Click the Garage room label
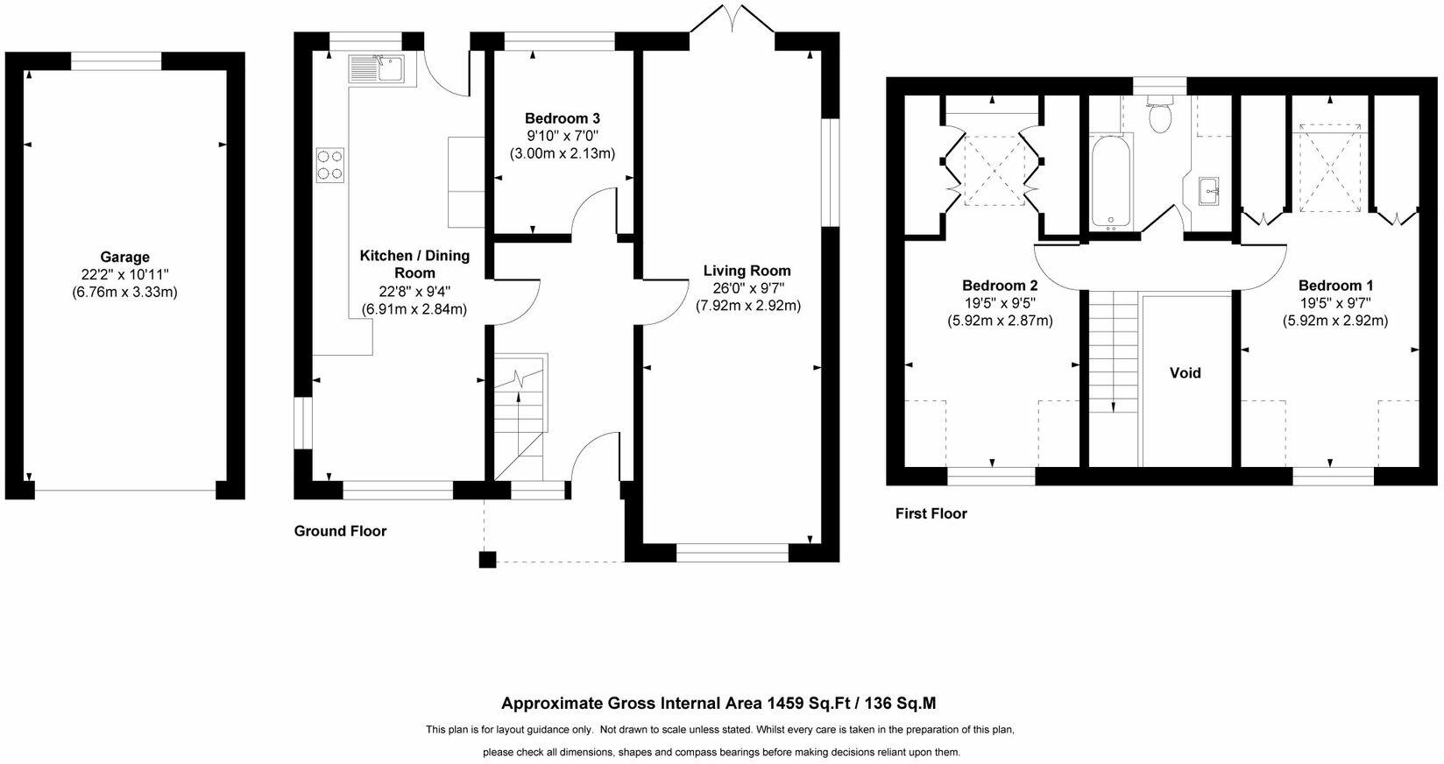pos(124,257)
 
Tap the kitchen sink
pos(377,69)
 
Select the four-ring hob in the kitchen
pos(330,165)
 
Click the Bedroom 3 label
pos(563,118)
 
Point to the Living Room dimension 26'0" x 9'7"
pos(747,288)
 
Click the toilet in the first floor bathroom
pos(1160,115)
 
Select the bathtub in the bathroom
pos(1111,183)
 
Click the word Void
pos(1185,372)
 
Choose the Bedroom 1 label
pos(1335,286)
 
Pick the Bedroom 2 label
pos(999,286)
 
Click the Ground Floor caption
pos(340,531)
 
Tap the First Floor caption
pos(931,513)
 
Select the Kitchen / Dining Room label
pos(414,264)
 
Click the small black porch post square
pos(487,559)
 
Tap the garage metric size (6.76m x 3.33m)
pos(124,292)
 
